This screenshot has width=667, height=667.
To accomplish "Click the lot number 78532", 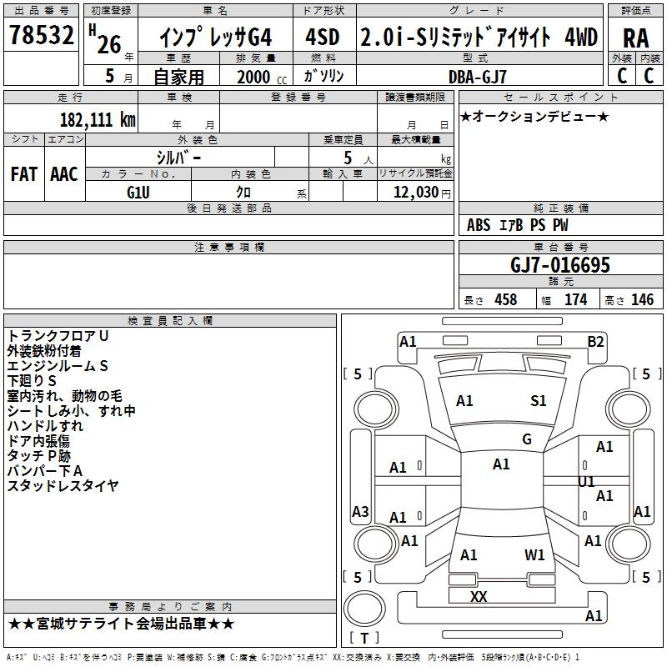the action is [40, 38].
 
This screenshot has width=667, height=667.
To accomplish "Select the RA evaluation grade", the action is [635, 38].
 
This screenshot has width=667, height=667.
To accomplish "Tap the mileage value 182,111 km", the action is [98, 119].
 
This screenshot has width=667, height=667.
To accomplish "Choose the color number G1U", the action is [138, 192].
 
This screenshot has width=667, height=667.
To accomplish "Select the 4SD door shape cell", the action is [323, 38].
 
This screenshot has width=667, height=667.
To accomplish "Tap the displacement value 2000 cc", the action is [259, 77].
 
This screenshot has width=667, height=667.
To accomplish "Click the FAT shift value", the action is [23, 174].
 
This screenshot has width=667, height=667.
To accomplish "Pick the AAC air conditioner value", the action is [64, 174].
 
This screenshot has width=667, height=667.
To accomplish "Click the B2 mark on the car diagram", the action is [595, 341].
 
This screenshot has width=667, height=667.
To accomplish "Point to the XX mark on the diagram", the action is [479, 597].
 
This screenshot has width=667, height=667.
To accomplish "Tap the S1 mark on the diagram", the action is [539, 401].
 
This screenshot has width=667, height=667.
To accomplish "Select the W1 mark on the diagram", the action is [534, 555].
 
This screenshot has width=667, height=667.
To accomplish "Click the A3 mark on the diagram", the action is [360, 511].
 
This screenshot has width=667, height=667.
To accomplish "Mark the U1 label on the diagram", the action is [586, 482].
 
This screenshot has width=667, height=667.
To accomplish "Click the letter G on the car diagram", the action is [526, 439].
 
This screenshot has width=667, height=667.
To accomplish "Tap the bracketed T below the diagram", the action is [364, 639].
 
